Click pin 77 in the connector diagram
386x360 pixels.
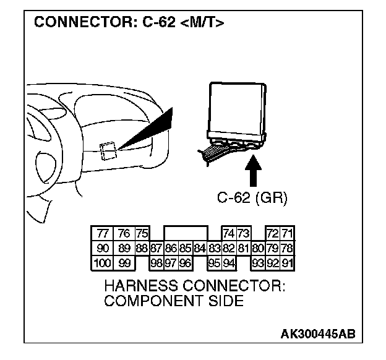pyautogui.click(x=102, y=234)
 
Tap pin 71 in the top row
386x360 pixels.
pyautogui.click(x=287, y=234)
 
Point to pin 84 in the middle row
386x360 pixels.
pyautogui.click(x=199, y=249)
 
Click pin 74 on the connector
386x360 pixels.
pyautogui.click(x=228, y=234)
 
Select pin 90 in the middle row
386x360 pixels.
pyautogui.click(x=102, y=249)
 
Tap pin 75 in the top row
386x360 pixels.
pyautogui.click(x=142, y=234)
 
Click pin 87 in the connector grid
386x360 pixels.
pyautogui.click(x=156, y=249)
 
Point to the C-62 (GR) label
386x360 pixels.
pyautogui.click(x=252, y=197)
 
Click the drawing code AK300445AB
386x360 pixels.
pyautogui.click(x=318, y=335)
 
